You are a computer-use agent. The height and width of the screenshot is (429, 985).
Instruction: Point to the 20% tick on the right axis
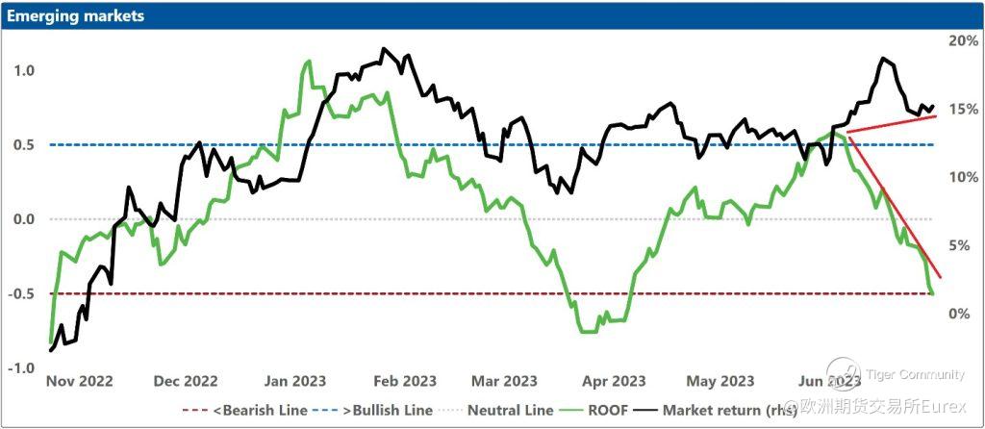(x=963, y=41)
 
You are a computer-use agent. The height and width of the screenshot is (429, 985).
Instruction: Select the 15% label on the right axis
(x=963, y=110)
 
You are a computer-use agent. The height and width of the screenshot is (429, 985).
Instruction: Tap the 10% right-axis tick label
(x=963, y=178)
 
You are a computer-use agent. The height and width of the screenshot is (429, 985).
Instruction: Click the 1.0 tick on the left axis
(x=24, y=70)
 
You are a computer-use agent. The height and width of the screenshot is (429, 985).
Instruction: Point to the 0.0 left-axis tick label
(x=24, y=219)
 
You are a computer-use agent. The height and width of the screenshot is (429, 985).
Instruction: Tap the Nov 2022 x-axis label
(x=79, y=381)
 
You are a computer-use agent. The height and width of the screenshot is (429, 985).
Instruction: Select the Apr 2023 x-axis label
(x=614, y=381)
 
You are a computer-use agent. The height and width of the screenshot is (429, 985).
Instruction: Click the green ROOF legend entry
(x=602, y=410)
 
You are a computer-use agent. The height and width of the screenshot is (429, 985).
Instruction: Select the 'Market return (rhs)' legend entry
(x=731, y=410)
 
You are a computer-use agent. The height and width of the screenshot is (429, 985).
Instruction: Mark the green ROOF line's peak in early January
(x=308, y=62)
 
